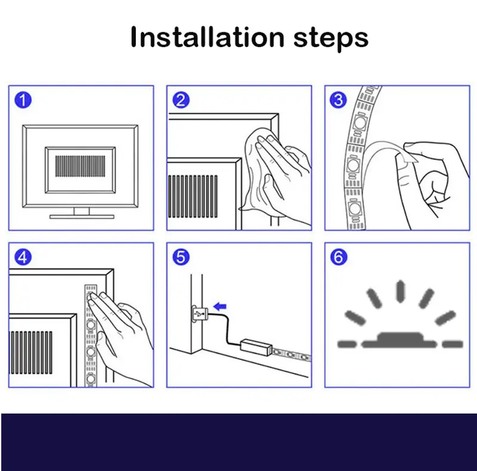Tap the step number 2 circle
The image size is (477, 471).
pyautogui.click(x=180, y=100)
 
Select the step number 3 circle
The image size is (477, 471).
pyautogui.click(x=338, y=100)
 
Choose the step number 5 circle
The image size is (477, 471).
pyautogui.click(x=180, y=257)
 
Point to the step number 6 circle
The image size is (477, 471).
pyautogui.click(x=338, y=257)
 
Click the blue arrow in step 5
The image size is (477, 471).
pyautogui.click(x=220, y=306)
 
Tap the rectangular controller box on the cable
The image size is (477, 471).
pyautogui.click(x=255, y=346)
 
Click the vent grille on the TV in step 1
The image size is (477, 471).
pyautogui.click(x=79, y=165)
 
